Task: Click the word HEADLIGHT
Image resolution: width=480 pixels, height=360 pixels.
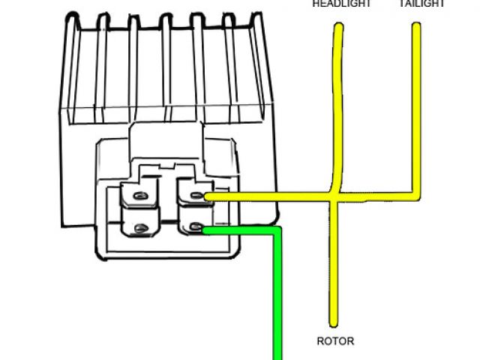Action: pyautogui.click(x=342, y=4)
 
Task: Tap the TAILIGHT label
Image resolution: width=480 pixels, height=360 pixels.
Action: pyautogui.click(x=422, y=4)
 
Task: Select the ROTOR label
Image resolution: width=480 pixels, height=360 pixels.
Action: pyautogui.click(x=335, y=341)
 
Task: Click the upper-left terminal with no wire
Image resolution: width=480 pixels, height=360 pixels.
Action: pyautogui.click(x=138, y=196)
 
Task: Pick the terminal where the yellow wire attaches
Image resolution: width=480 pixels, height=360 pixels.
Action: pyautogui.click(x=196, y=196)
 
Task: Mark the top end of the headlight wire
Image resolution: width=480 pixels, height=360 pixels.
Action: pyautogui.click(x=339, y=28)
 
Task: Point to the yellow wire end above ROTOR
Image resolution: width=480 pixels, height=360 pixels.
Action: pyautogui.click(x=330, y=322)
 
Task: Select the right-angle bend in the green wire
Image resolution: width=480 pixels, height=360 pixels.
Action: pyautogui.click(x=277, y=232)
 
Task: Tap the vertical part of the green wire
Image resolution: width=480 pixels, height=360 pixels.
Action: pyautogui.click(x=277, y=300)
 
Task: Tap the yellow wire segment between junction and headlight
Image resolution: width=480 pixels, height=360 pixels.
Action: pyautogui.click(x=337, y=112)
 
